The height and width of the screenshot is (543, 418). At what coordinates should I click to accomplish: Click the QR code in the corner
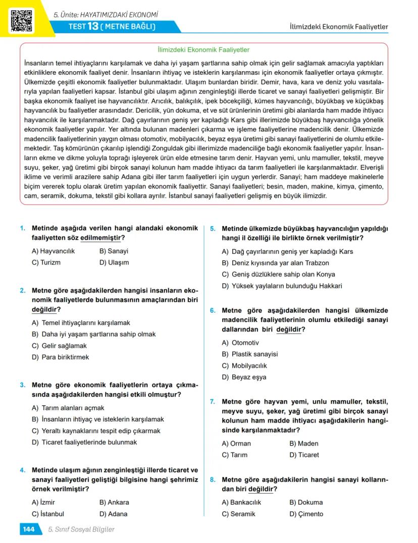point(21,20)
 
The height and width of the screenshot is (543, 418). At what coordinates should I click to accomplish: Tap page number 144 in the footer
point(28,529)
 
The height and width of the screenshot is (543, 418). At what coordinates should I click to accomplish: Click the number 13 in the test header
point(93,26)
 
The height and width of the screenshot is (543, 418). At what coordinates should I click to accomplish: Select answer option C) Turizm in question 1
point(46,262)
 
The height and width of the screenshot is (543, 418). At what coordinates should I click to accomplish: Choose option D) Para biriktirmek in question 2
point(60,357)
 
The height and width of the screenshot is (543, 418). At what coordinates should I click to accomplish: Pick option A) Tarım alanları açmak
point(68,408)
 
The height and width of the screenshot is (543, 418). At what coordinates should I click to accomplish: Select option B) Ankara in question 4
point(114,502)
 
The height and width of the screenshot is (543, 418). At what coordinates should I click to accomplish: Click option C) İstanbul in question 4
point(48,514)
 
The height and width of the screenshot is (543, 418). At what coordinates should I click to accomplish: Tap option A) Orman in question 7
point(236,444)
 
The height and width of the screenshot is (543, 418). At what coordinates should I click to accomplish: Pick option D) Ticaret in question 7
point(304,455)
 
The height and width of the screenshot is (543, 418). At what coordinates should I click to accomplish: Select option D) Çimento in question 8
point(306,514)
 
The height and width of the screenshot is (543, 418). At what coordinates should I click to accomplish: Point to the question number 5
point(213,229)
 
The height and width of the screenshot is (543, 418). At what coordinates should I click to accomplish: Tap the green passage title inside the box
point(204,50)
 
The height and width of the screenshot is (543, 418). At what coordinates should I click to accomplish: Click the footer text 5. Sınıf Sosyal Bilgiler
point(81,529)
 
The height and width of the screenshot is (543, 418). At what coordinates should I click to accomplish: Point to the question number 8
point(213,479)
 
